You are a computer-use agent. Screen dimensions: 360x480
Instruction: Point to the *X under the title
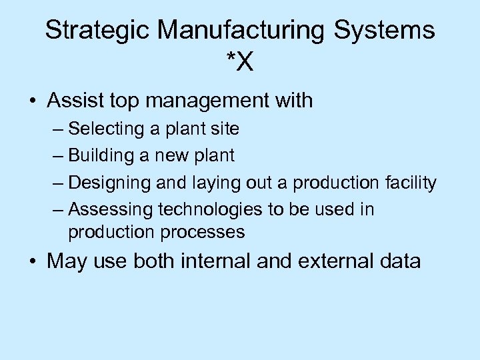coord(239,63)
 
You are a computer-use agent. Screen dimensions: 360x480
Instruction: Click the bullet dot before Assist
coord(32,101)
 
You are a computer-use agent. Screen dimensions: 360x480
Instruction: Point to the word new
coord(171,155)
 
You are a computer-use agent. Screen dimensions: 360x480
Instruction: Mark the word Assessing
coord(111,210)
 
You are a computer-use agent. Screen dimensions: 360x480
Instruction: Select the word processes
coord(206,232)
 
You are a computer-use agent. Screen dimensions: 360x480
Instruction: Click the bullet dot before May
coord(32,261)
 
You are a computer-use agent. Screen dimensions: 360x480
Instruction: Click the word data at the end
coord(399,261)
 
